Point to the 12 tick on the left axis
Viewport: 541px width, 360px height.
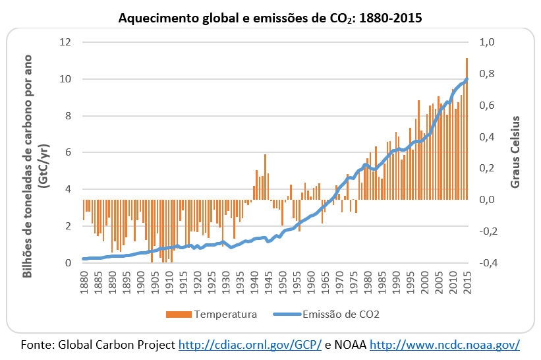(65, 42)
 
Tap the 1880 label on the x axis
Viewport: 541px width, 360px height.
(84, 282)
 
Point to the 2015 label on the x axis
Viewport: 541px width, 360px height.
(467, 282)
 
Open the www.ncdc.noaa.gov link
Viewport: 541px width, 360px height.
(445, 344)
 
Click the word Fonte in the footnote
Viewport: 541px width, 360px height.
(38, 344)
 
